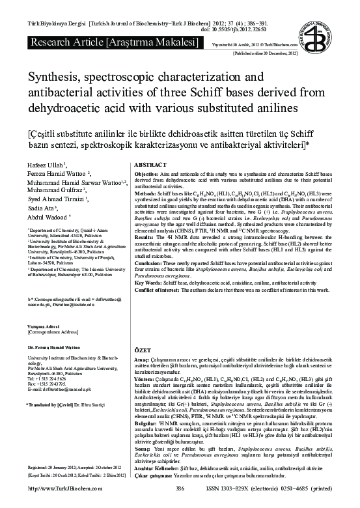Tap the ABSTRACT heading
pyautogui.click(x=151, y=165)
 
